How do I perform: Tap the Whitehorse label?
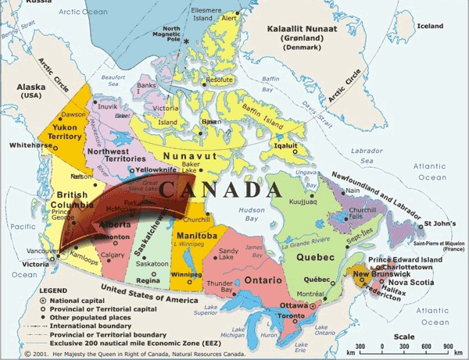click(27, 145)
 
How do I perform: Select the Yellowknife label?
click(157, 169)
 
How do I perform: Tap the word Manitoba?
click(196, 235)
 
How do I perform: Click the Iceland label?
click(429, 26)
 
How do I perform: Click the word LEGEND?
click(53, 290)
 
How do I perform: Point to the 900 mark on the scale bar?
click(448, 346)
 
